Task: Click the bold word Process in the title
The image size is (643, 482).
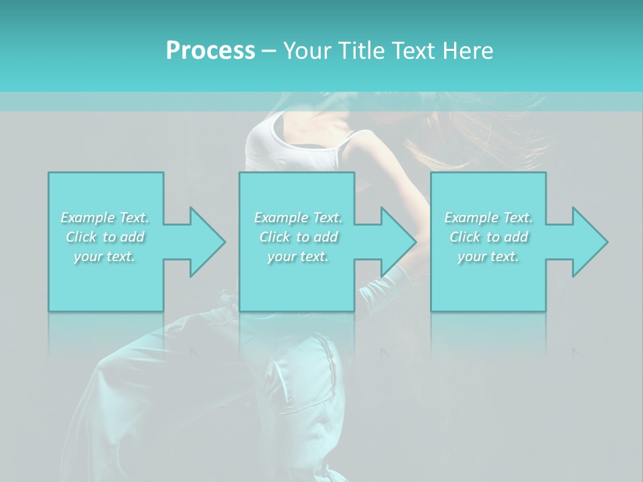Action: tap(210, 50)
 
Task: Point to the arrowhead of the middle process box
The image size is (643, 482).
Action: tap(397, 242)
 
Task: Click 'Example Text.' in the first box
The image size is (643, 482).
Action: tap(104, 218)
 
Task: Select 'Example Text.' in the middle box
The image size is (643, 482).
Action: tap(297, 218)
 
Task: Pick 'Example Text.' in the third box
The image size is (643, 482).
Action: tap(488, 218)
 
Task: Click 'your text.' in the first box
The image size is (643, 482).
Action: tap(104, 256)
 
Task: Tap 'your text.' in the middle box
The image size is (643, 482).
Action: tap(297, 256)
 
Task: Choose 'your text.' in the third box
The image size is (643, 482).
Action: tap(488, 256)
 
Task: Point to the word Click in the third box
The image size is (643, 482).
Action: tap(466, 237)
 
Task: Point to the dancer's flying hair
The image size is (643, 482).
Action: tap(482, 134)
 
